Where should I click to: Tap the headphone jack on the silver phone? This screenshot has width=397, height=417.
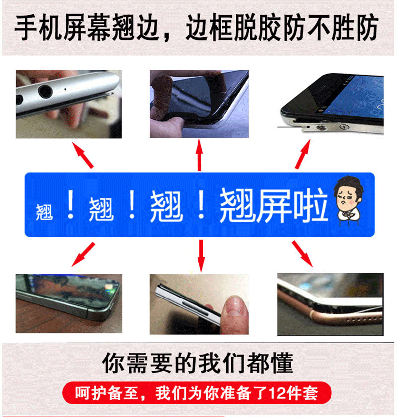(x=45, y=91)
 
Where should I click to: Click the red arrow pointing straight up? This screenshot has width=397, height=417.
(x=199, y=155)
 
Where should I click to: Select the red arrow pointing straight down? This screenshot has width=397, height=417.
(x=201, y=256)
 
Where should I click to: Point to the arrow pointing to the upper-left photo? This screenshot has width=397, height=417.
(x=83, y=155)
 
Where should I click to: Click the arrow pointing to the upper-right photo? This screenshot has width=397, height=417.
(x=303, y=154)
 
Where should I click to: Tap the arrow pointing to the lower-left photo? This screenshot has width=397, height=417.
(x=83, y=254)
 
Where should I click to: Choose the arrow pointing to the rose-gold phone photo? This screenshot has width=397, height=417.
(x=302, y=254)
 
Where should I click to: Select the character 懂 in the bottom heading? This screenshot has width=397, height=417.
(x=282, y=363)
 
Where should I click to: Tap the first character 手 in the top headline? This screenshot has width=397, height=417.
(x=26, y=28)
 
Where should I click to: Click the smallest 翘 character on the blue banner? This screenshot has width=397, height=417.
(x=44, y=212)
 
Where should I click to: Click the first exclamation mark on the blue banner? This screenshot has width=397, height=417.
(x=71, y=204)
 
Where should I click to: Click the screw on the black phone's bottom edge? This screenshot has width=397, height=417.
(x=322, y=129)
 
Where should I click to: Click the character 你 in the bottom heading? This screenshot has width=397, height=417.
(x=113, y=363)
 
